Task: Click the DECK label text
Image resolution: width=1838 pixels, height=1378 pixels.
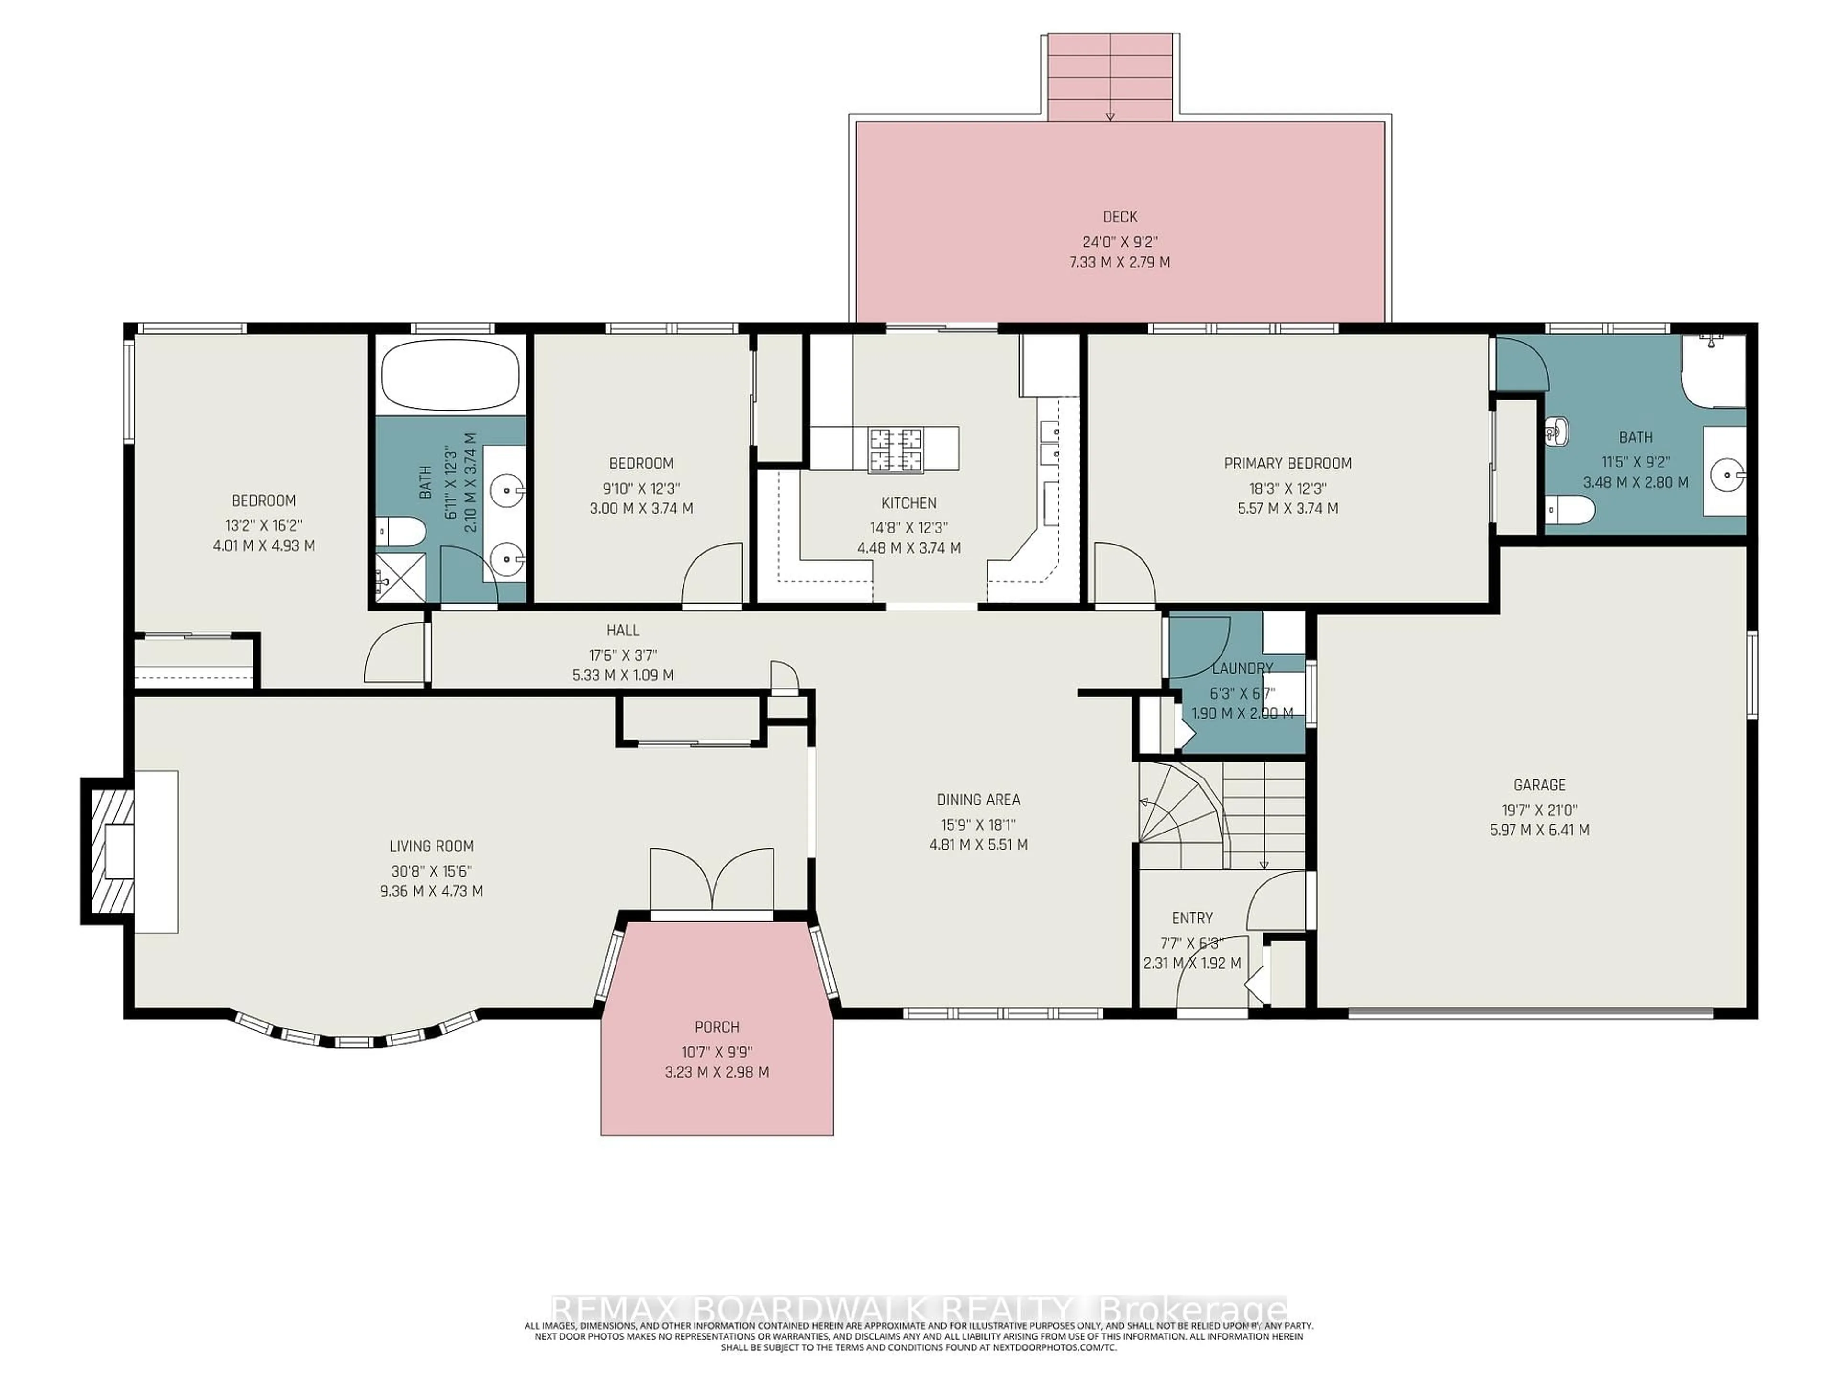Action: click(1119, 217)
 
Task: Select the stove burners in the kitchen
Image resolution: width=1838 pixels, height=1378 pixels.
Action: click(895, 449)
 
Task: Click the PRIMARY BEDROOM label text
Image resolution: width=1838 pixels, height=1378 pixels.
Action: click(1287, 464)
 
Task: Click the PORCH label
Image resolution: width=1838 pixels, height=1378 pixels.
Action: click(716, 1027)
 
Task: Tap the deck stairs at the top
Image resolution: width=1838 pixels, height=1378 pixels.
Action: click(1110, 77)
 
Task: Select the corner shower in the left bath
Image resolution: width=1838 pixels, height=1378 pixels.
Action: click(398, 578)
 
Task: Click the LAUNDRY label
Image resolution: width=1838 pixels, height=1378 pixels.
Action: click(1242, 668)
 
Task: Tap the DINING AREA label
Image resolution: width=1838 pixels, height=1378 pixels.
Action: click(978, 799)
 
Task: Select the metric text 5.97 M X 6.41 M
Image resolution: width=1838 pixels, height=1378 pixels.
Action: click(1539, 829)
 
